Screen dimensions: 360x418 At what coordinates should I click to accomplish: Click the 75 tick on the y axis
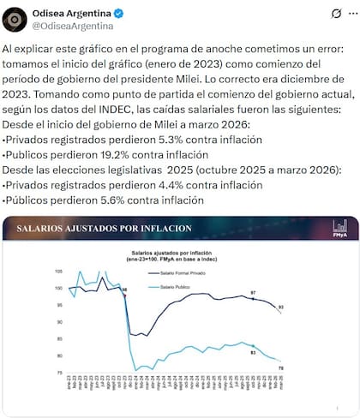[60, 372]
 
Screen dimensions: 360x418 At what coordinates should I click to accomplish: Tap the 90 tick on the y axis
[60, 321]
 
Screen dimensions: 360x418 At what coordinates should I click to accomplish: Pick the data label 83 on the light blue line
[253, 352]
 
